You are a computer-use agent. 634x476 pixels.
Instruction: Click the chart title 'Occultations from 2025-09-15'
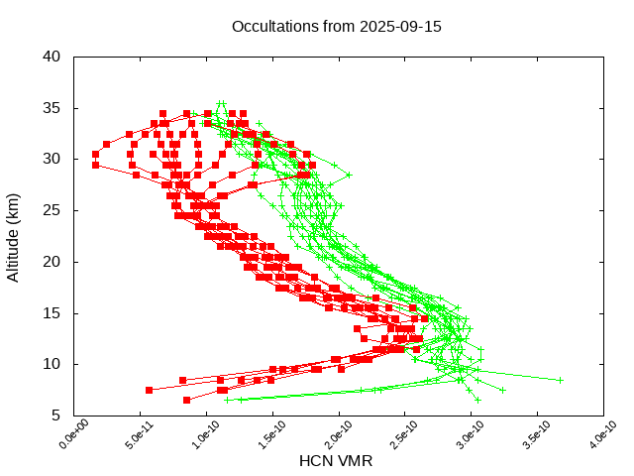coord(336,26)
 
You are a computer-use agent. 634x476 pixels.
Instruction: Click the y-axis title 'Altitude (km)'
coord(14,236)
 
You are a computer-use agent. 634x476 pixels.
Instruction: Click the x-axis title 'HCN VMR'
coord(336,461)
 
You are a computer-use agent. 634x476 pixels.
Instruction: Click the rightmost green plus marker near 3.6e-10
coord(560,380)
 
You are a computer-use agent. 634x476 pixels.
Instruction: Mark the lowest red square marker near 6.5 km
coord(186,400)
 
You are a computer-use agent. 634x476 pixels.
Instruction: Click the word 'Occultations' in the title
coord(270,26)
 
